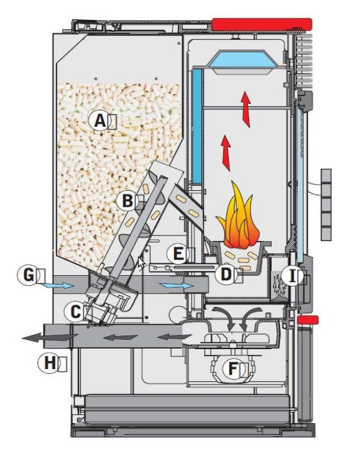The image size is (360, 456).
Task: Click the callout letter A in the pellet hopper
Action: point(100,121)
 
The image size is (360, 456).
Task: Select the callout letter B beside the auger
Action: point(127,201)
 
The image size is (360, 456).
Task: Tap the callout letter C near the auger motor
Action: point(76,312)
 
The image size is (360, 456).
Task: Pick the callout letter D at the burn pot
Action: point(226,274)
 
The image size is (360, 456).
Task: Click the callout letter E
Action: point(178,253)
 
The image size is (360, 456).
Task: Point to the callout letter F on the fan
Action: point(233,369)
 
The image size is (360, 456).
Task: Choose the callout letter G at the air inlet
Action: point(29,275)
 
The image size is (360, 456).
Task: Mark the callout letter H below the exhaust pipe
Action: point(50,363)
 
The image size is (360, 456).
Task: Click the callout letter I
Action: point(293,276)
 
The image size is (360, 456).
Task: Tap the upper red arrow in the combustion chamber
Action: point(246,109)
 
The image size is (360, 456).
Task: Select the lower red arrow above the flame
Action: point(226,153)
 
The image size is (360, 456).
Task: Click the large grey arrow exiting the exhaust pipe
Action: point(50,337)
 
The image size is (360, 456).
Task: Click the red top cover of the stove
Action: point(262,24)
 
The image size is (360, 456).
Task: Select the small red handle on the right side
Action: point(308,320)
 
